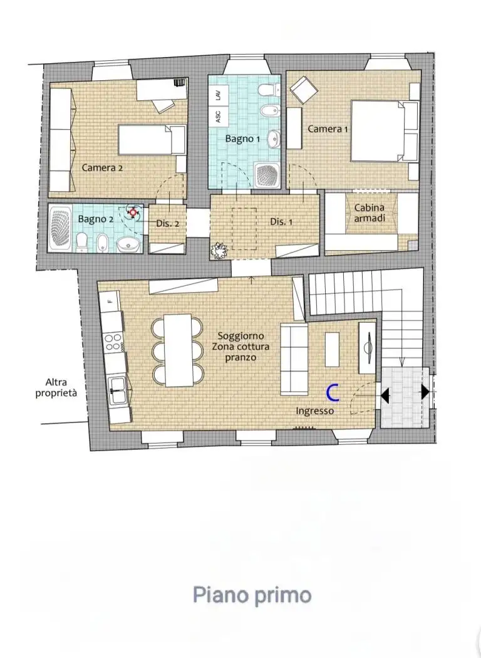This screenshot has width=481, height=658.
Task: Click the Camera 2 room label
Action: [102, 167]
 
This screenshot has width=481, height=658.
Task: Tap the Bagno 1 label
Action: [242, 138]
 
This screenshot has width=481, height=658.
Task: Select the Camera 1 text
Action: [328, 129]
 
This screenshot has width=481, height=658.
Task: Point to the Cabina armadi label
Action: [370, 213]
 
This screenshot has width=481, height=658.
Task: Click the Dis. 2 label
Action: [167, 224]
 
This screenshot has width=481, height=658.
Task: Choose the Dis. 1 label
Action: [281, 221]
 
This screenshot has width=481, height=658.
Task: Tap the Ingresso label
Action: [314, 411]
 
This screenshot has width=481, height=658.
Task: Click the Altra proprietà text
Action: [56, 388]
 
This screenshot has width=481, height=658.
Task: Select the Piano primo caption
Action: [252, 595]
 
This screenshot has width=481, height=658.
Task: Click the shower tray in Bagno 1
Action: [267, 175]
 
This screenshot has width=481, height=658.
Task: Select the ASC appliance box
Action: [219, 116]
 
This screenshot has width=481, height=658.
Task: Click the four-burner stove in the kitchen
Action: [113, 342]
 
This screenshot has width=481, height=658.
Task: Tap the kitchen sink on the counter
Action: [118, 390]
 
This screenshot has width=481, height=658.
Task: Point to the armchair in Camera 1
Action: [304, 90]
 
